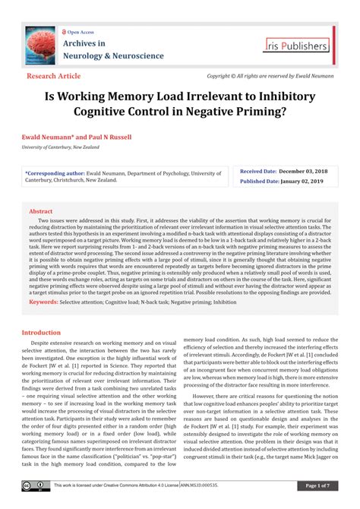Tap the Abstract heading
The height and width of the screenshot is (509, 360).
[x=40, y=211]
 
